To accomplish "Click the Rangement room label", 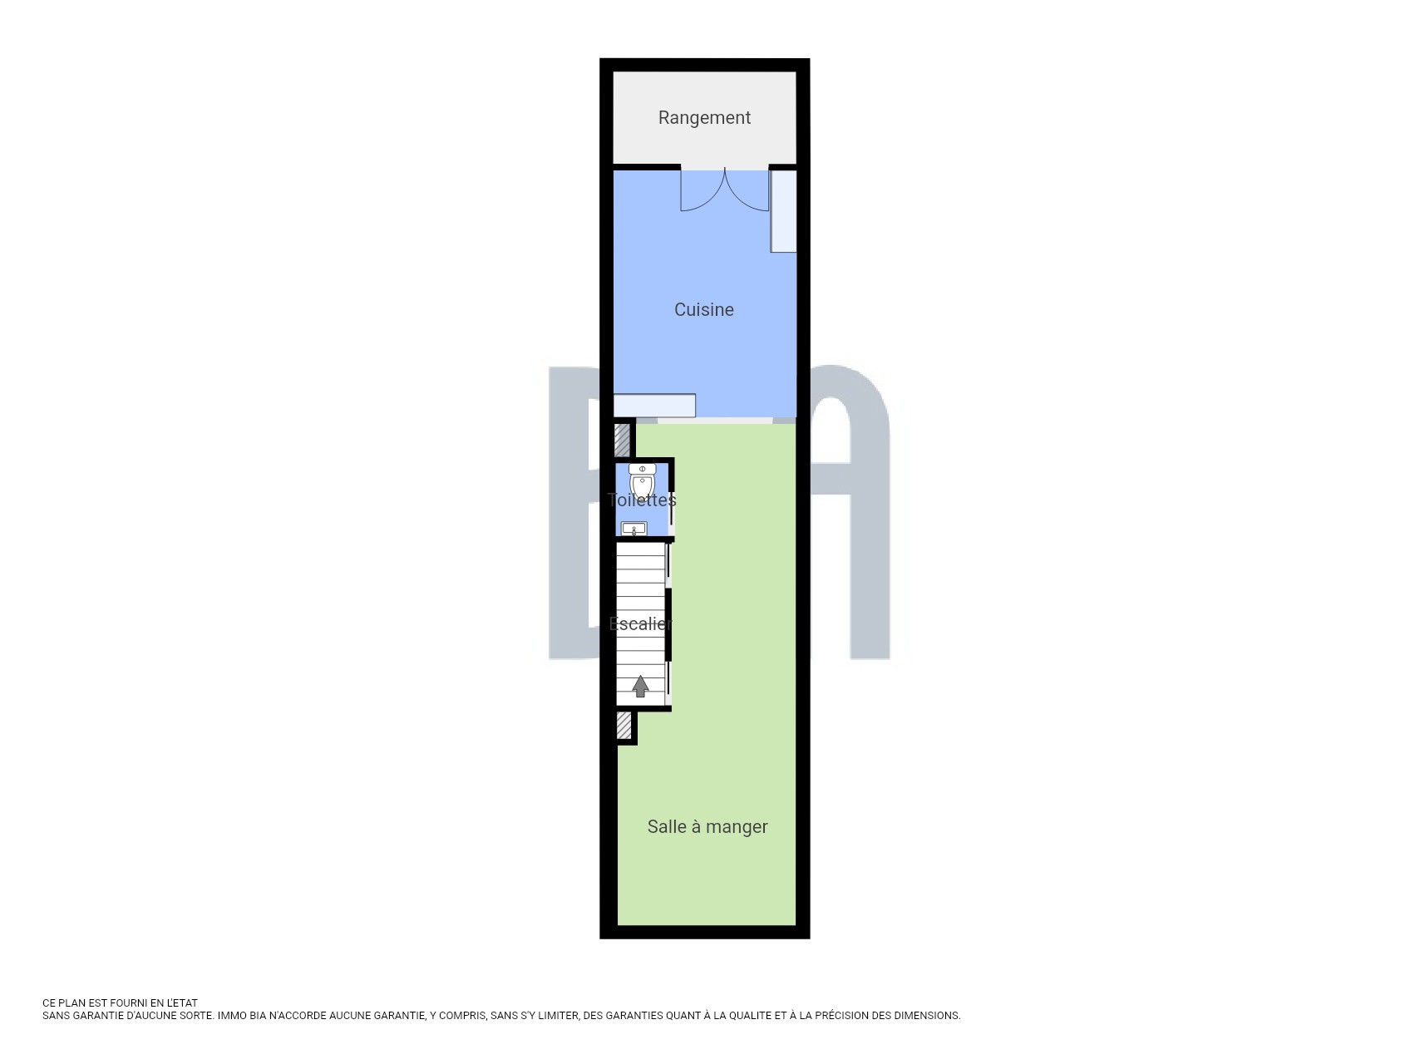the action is coord(704,118).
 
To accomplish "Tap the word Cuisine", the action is coord(704,309).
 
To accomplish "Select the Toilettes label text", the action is coord(642,500).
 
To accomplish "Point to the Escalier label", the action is coord(641,623).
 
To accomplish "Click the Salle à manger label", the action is coord(707,826).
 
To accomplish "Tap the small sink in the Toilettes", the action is coord(634,529).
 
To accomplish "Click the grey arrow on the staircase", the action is coord(640,686).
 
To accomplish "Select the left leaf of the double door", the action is coord(703,190).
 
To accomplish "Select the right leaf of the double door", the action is coord(747,190).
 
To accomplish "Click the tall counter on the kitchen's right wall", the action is coord(783,211).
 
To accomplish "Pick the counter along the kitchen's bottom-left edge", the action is coord(654,405).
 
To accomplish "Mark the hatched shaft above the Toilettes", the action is coord(622,441).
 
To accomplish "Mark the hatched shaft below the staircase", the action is coord(624,726).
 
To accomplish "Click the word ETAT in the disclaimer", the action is coord(185,1003).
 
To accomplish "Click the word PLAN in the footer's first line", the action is coord(73,1003).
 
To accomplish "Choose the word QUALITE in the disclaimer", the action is coord(749,1016).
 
